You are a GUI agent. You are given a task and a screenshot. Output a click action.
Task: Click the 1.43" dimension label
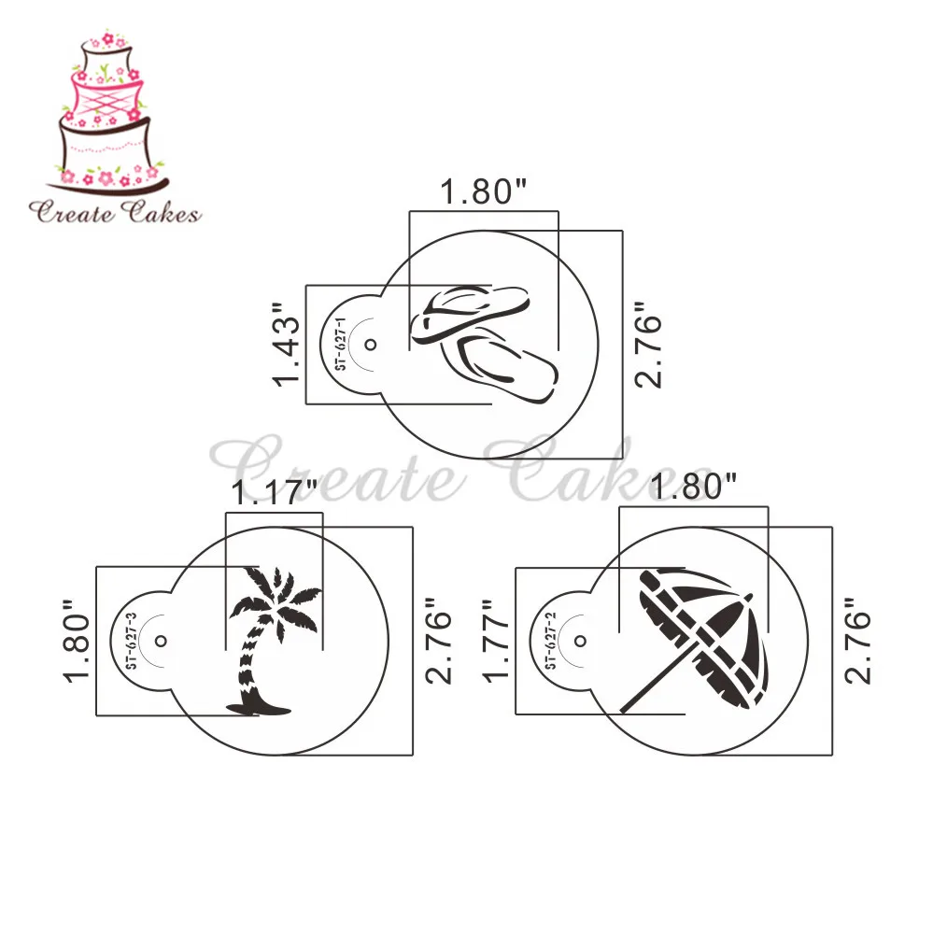(x=286, y=344)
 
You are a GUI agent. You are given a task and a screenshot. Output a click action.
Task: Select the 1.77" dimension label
(x=496, y=641)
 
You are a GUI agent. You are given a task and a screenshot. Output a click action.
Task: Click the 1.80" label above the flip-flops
(x=483, y=191)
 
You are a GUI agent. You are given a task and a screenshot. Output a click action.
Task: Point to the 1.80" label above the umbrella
(x=693, y=487)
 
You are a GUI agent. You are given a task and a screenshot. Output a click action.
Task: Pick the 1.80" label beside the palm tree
(x=77, y=641)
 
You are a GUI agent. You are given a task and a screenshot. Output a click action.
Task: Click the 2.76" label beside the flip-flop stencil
(x=648, y=345)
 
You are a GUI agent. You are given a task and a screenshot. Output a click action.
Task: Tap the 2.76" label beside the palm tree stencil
(x=439, y=641)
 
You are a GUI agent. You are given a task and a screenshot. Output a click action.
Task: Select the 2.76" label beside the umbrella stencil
(x=857, y=641)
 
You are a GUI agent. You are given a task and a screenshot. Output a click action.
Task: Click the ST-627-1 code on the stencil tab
(x=340, y=344)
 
